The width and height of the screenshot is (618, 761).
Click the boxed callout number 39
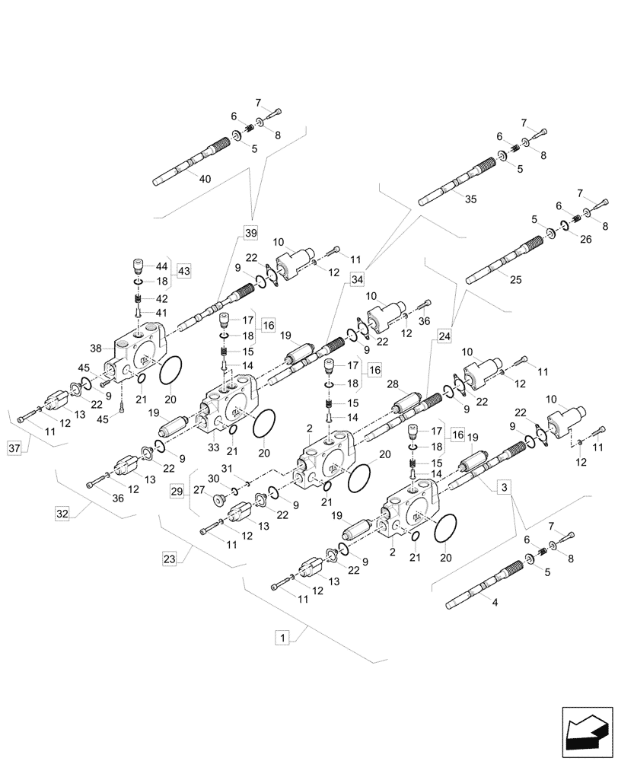[x=251, y=232]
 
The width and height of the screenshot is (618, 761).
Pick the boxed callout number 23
[x=169, y=559]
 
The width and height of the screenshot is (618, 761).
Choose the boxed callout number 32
[x=62, y=514]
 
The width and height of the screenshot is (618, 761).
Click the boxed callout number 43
[x=184, y=271]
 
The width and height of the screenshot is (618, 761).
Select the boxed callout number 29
[x=177, y=492]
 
